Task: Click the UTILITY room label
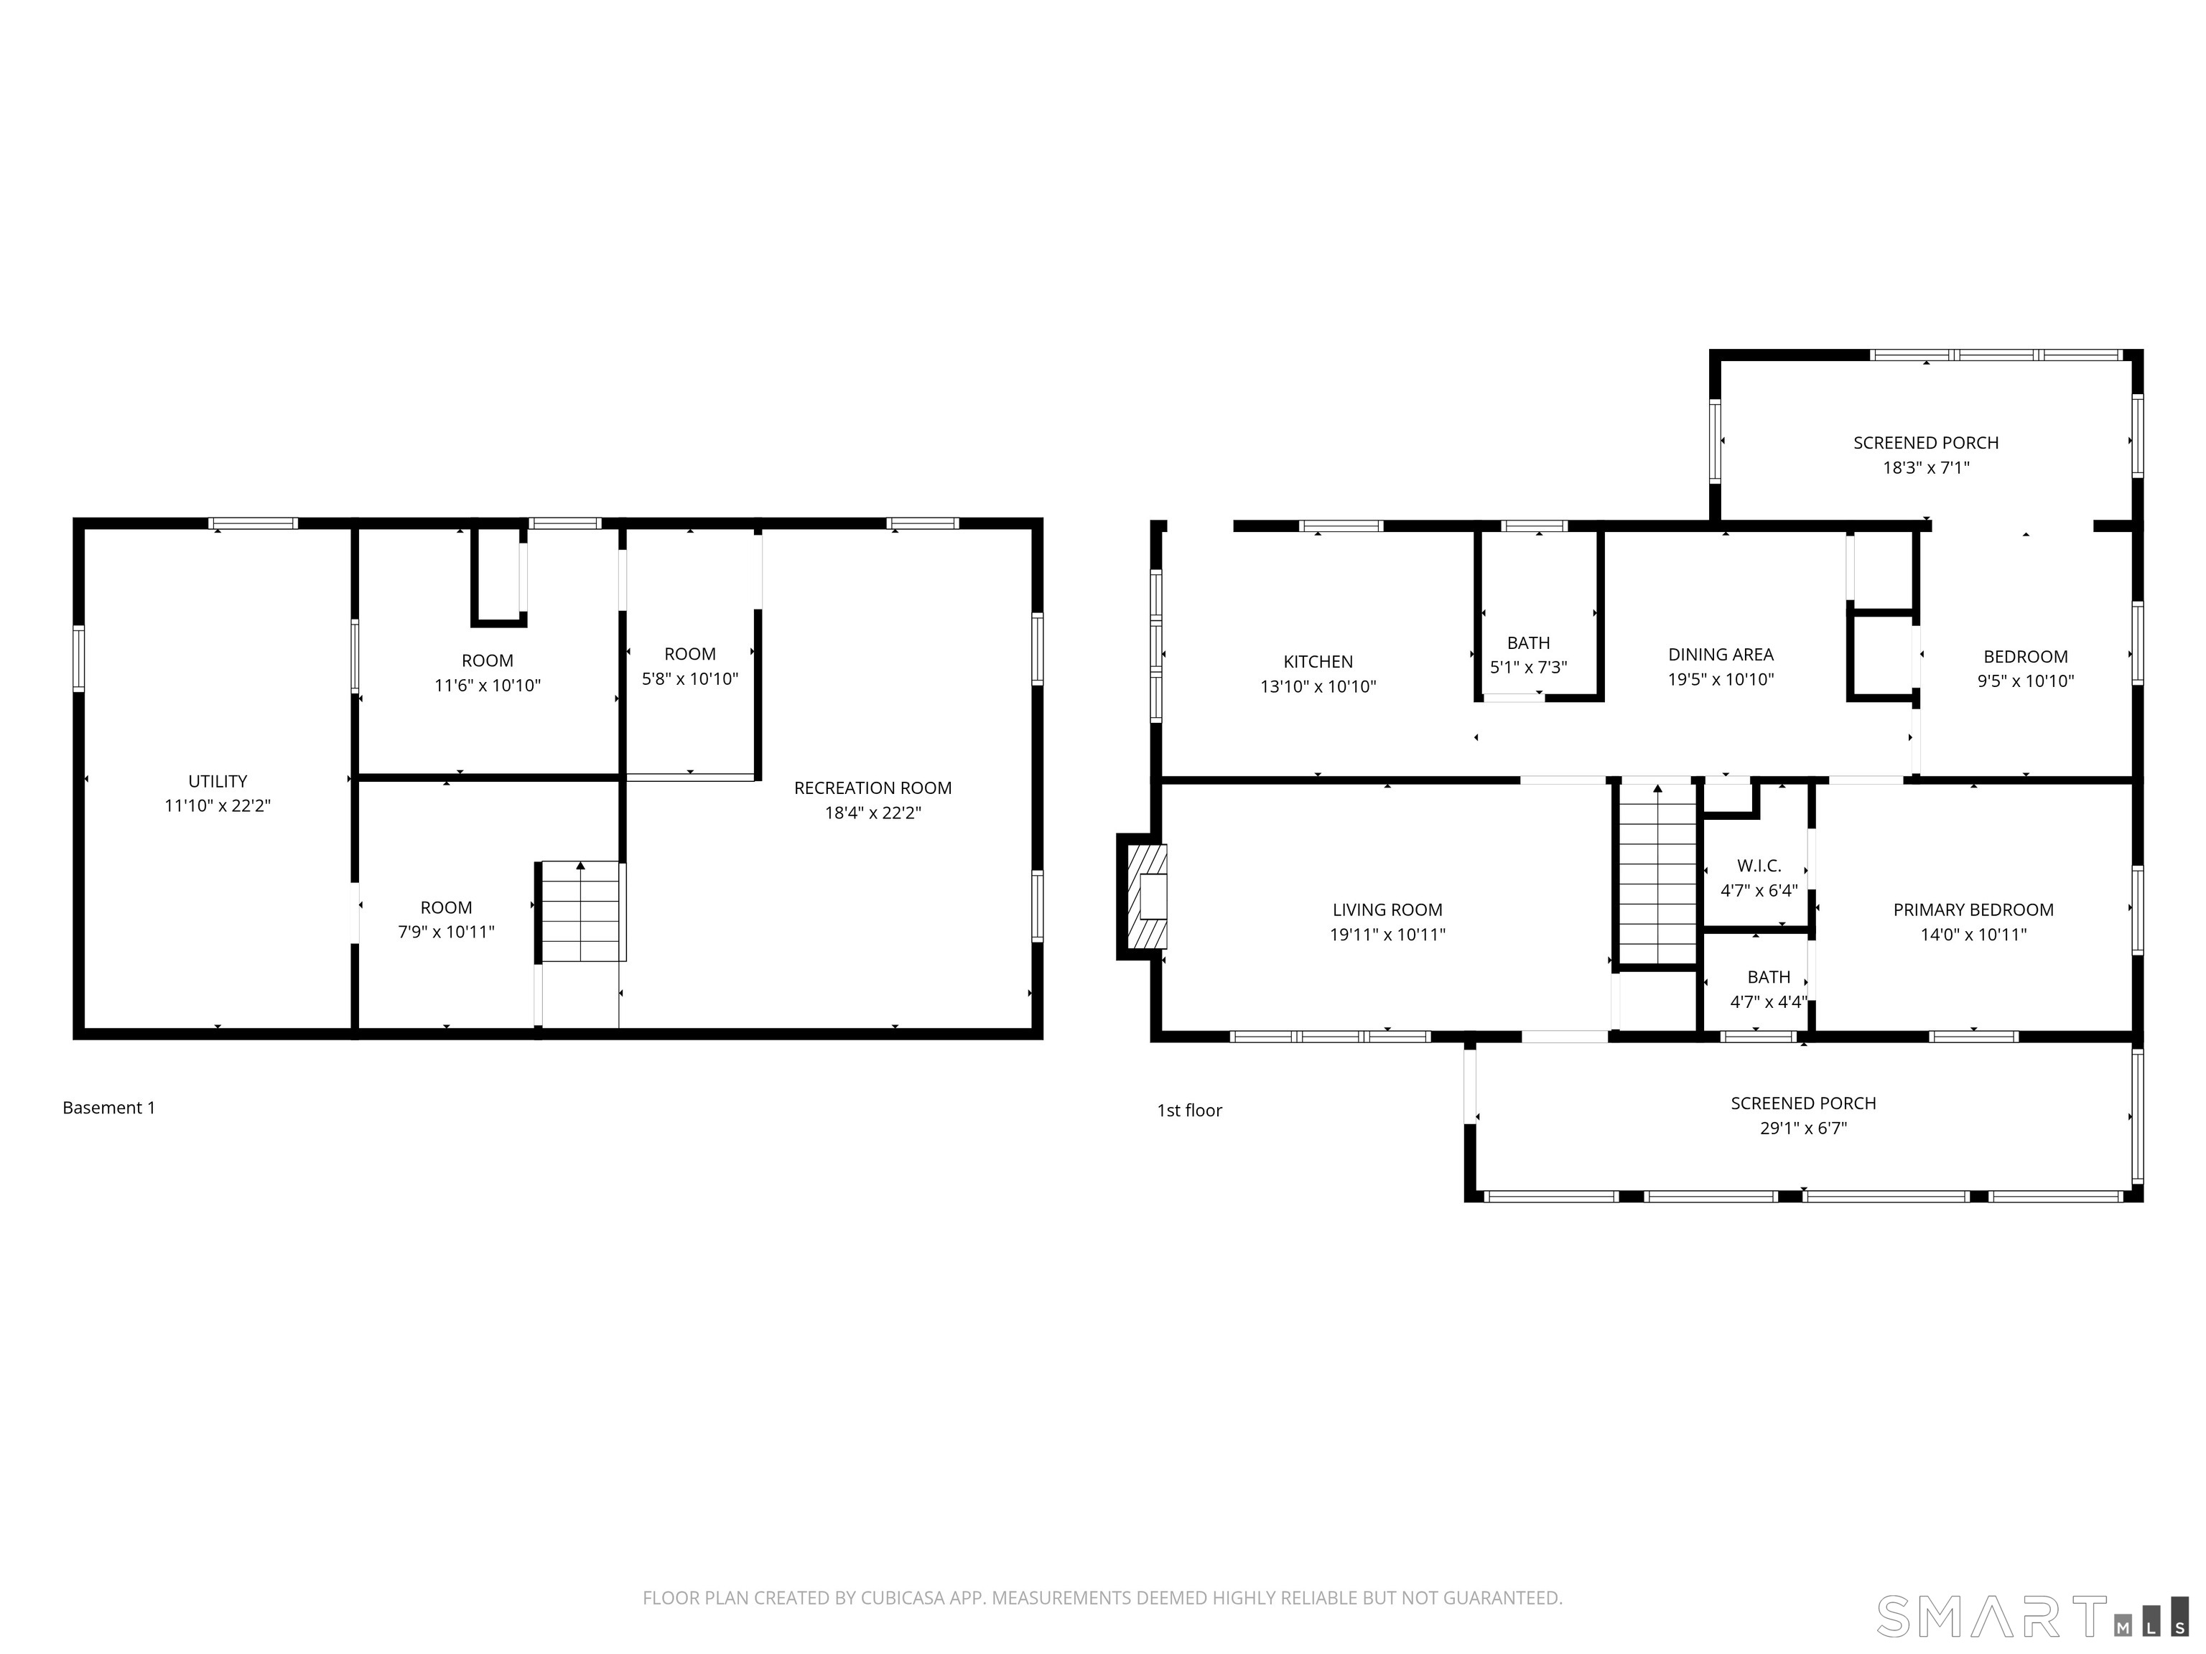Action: [x=218, y=782]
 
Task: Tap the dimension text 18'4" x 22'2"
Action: [x=872, y=813]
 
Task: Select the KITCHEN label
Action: [x=1318, y=662]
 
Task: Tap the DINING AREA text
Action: [x=1721, y=655]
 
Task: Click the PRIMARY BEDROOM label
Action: [x=1973, y=910]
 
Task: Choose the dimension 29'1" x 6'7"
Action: [x=1803, y=1129]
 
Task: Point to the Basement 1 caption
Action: [x=108, y=1108]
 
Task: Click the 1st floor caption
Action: [x=1188, y=1111]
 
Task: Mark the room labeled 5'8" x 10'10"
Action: [x=690, y=667]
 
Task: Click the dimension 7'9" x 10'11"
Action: [x=446, y=933]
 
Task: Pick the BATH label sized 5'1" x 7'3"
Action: [x=1528, y=643]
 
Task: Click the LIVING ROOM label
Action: [x=1387, y=910]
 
